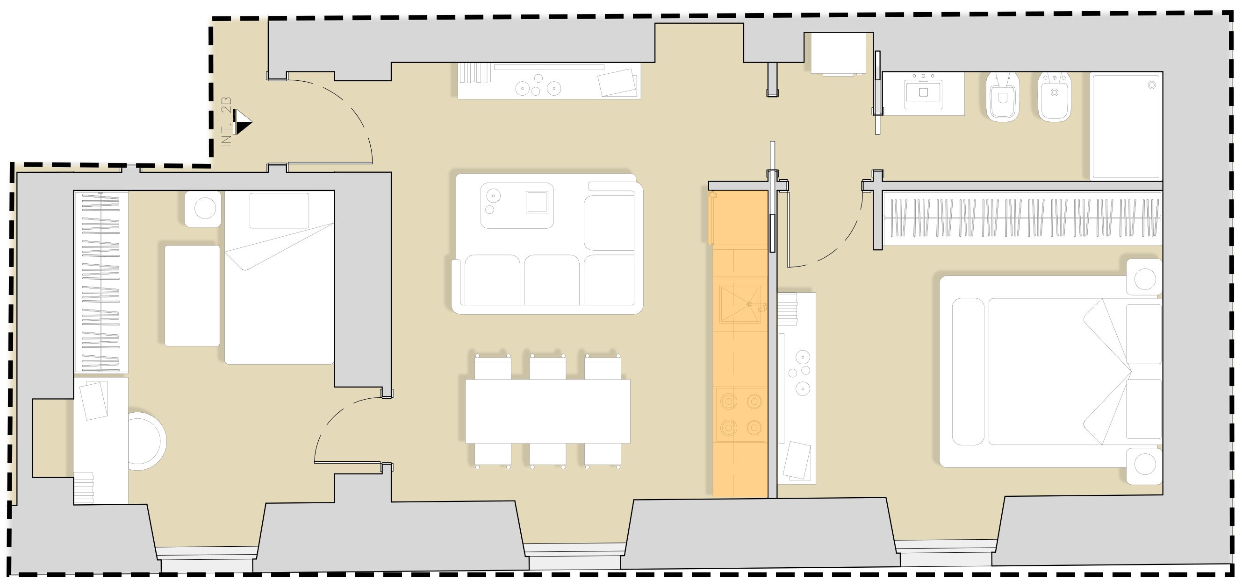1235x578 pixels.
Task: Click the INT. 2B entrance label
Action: click(x=226, y=122)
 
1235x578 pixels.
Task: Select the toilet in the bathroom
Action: click(x=1003, y=97)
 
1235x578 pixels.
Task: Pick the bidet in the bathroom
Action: click(x=1054, y=97)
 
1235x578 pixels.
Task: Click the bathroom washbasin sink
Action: click(x=923, y=93)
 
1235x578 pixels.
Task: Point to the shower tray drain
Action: click(x=1152, y=85)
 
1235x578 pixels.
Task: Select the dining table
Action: click(x=548, y=411)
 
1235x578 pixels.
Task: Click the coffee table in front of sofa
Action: click(x=517, y=205)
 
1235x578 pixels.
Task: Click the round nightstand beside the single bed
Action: click(x=203, y=209)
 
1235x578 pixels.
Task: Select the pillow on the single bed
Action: click(x=279, y=211)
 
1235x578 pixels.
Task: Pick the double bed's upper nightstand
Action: click(x=1144, y=277)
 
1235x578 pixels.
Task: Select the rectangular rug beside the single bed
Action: click(x=192, y=296)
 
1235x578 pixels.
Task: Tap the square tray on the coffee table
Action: click(x=537, y=202)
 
